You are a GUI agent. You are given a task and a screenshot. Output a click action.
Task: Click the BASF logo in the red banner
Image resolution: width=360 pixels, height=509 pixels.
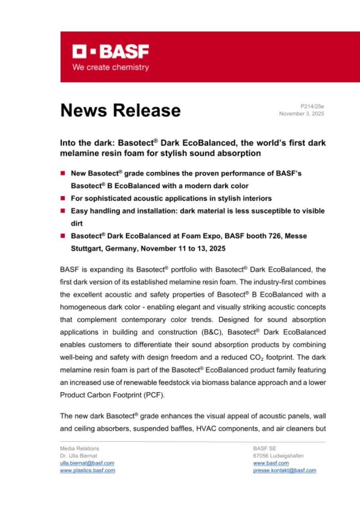coord(111,52)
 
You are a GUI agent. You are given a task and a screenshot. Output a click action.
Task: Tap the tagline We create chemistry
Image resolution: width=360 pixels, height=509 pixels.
coord(111,67)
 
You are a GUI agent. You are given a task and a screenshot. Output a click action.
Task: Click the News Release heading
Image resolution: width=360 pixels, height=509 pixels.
coord(121,110)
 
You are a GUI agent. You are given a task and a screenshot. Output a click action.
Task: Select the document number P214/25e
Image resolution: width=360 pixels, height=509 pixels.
coord(312,107)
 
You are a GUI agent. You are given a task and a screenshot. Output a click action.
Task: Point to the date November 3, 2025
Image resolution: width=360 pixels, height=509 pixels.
coord(302,114)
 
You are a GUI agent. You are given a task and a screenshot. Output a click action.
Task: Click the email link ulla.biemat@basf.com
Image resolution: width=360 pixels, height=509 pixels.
coord(87,463)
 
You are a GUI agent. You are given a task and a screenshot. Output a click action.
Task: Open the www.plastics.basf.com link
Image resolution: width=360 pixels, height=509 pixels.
coord(88,470)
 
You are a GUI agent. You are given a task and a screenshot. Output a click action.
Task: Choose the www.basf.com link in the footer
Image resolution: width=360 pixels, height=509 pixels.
coord(271,463)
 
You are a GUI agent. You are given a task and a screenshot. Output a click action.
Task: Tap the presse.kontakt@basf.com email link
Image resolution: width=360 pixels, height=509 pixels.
coord(284,470)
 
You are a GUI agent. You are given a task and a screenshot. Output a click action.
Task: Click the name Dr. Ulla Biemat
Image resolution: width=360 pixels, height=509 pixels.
coord(78,456)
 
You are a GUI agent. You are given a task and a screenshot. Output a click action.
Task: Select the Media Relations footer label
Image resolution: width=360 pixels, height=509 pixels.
coord(80,449)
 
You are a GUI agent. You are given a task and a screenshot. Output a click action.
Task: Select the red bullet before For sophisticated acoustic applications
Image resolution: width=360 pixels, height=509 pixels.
coord(62,198)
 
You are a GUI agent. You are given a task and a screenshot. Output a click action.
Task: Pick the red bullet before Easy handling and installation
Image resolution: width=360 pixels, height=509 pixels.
coord(62,211)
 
